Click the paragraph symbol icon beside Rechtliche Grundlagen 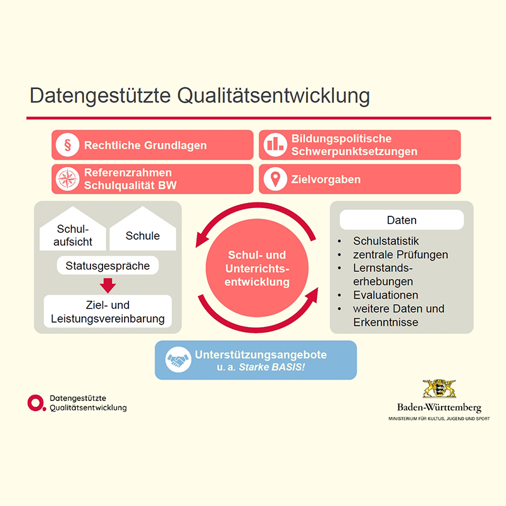(x=66, y=145)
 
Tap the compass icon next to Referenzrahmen (x=66, y=180)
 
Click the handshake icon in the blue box (x=178, y=361)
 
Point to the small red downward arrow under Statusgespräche (x=108, y=285)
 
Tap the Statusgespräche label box (x=108, y=266)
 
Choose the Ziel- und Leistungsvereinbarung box (x=108, y=312)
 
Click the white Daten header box (x=402, y=220)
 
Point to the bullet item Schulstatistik (x=386, y=241)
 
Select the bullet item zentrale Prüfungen (x=400, y=255)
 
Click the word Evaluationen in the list (x=386, y=295)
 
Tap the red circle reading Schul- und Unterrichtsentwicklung (x=257, y=269)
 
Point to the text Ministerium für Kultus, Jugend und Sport (x=439, y=419)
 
